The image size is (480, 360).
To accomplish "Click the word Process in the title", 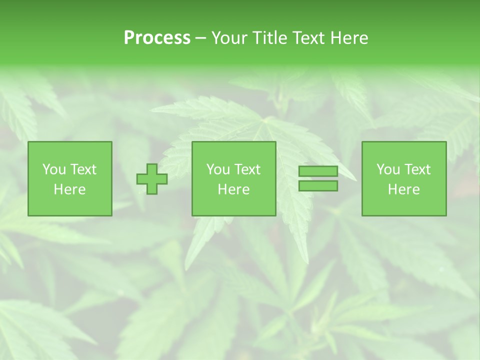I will (157, 38).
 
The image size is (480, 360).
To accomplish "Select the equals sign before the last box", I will (318, 179).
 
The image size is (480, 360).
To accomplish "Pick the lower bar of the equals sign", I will (318, 186).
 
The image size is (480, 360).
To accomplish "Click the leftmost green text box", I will (70, 179).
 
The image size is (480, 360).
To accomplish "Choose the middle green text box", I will (234, 179).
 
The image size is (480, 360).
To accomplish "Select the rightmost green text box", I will (404, 179).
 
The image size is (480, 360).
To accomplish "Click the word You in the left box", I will (54, 169).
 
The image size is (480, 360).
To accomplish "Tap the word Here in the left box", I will (70, 189).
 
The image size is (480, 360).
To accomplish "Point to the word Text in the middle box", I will (247, 169).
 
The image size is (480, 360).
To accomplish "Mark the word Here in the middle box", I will (234, 189).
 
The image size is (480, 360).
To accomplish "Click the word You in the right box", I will (388, 169).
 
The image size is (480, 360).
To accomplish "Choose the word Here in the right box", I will (404, 189).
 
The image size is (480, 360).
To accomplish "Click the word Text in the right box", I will (417, 169).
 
